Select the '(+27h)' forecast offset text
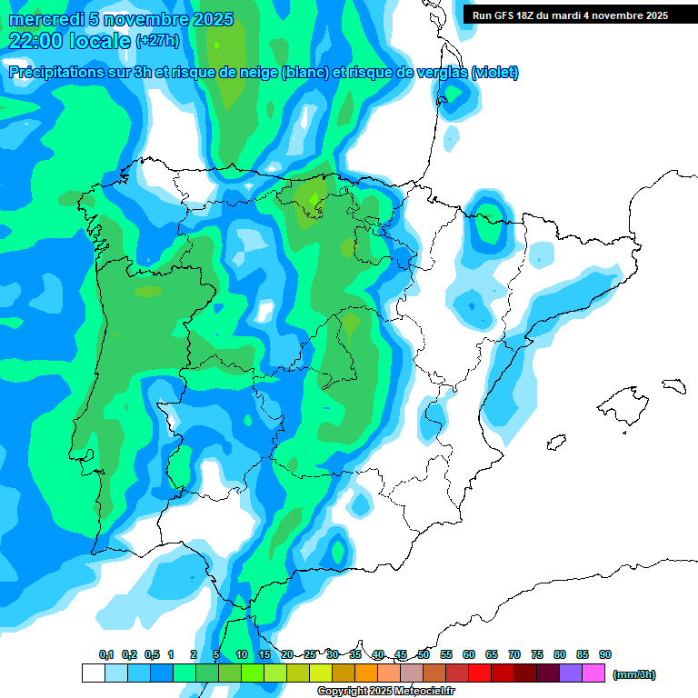[x=157, y=41]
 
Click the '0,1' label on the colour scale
[x=106, y=654]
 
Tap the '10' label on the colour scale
[x=242, y=654]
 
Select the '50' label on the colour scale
[x=424, y=654]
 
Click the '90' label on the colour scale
[x=605, y=654]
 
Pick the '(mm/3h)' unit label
[x=633, y=674]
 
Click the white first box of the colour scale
[x=93, y=673]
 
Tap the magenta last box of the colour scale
[x=593, y=673]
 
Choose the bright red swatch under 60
[x=480, y=673]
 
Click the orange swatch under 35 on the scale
[x=366, y=673]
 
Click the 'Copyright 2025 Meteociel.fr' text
[x=385, y=691]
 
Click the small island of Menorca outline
[x=673, y=385]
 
